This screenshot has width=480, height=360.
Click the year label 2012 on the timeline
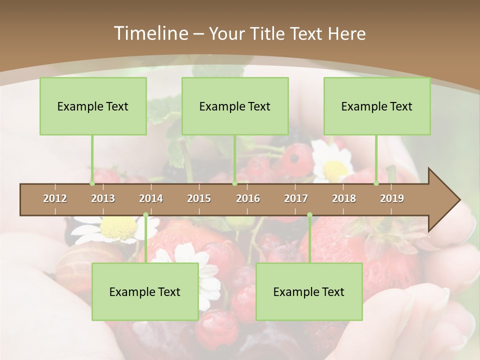(55, 198)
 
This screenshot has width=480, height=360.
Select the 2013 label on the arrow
(103, 198)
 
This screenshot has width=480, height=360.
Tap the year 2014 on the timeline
(151, 198)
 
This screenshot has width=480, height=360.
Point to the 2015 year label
(199, 198)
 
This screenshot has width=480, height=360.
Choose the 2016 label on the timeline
(248, 198)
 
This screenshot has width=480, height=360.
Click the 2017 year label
(296, 198)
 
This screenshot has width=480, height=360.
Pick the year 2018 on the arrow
(344, 198)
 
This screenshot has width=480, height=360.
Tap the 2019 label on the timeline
(392, 198)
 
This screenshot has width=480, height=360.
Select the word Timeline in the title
(149, 33)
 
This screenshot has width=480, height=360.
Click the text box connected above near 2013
(93, 106)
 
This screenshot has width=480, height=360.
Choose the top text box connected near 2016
(235, 106)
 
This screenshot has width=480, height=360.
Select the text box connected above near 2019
(377, 106)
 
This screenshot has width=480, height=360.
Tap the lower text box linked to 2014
(145, 291)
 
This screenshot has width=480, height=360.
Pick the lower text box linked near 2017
(309, 291)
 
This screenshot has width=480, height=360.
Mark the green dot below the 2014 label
(145, 215)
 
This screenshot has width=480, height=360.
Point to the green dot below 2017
(309, 215)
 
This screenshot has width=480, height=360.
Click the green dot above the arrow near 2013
(92, 183)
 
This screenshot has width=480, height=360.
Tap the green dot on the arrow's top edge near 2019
(376, 183)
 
